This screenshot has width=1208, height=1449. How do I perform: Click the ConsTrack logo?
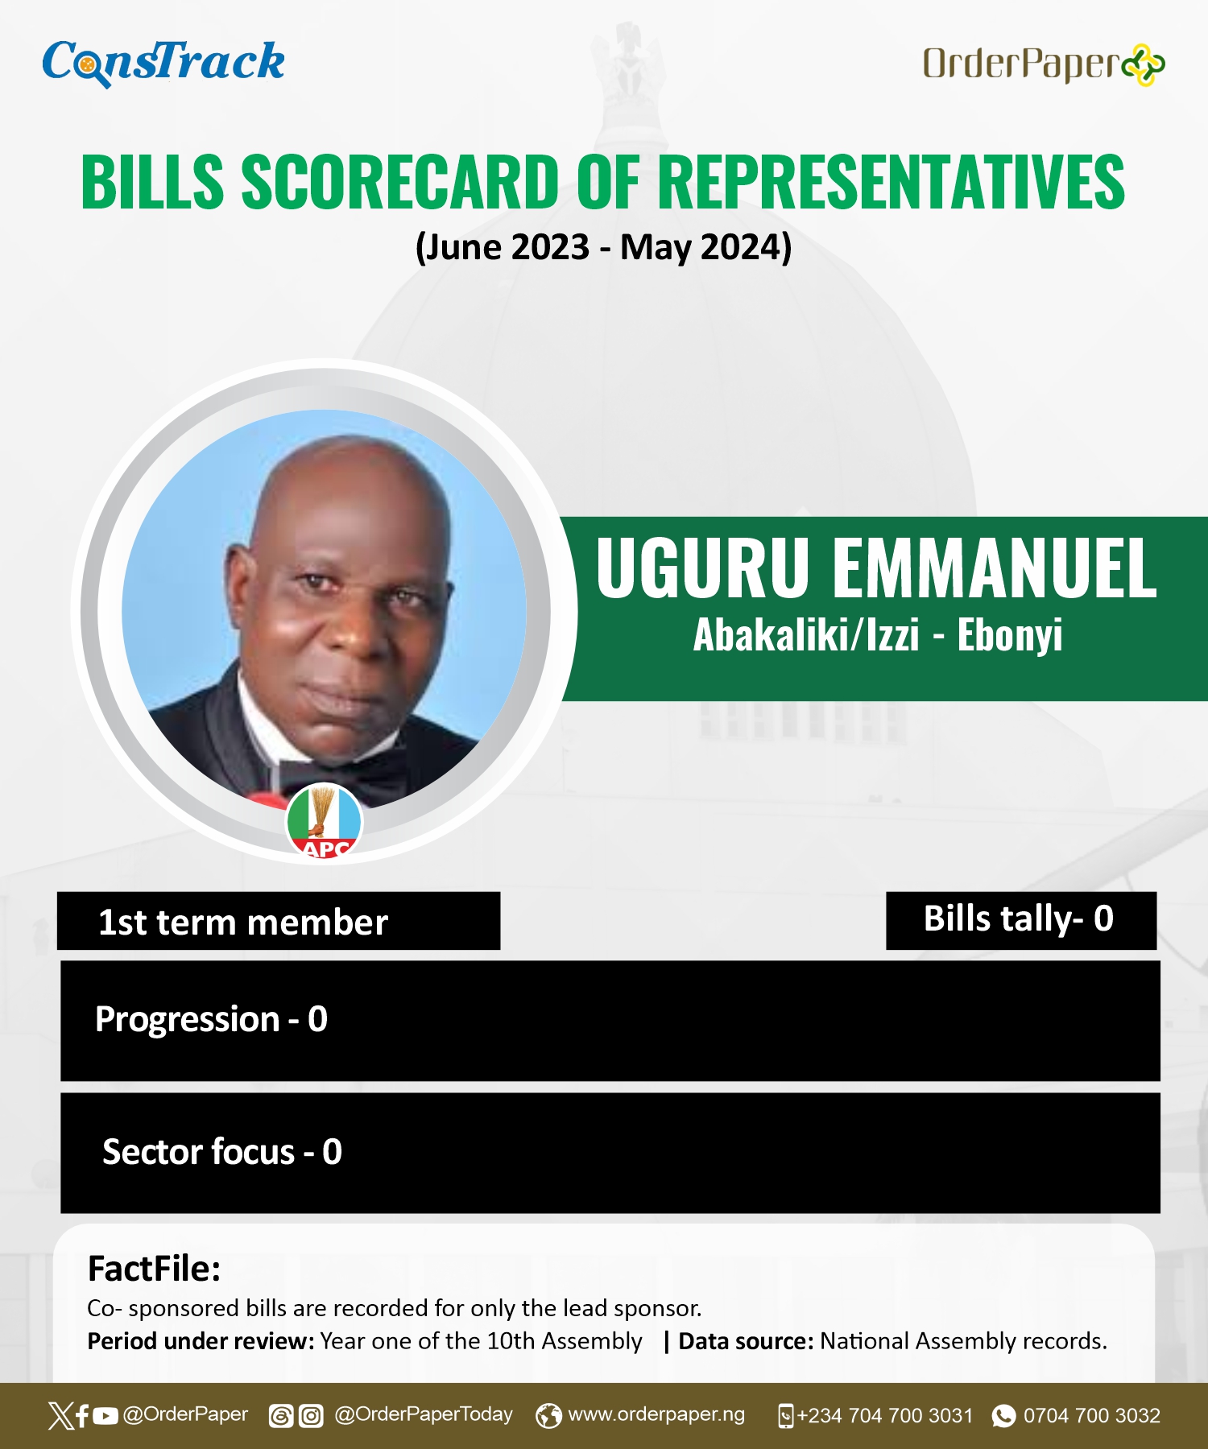pyautogui.click(x=163, y=63)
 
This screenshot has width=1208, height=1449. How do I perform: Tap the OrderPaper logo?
pyautogui.click(x=1044, y=64)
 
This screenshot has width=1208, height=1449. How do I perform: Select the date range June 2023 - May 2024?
pyautogui.click(x=603, y=246)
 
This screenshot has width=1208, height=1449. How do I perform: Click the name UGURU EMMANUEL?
pyautogui.click(x=876, y=568)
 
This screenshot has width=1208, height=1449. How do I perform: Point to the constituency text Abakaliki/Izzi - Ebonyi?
pyautogui.click(x=878, y=635)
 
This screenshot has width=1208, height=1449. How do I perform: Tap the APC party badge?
pyautogui.click(x=325, y=822)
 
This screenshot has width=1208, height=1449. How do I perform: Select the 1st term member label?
pyautogui.click(x=243, y=923)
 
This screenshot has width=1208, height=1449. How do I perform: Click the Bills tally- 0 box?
pyautogui.click(x=1021, y=920)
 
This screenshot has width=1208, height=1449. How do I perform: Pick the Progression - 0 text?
pyautogui.click(x=211, y=1020)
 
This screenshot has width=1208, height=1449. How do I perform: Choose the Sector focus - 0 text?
pyautogui.click(x=222, y=1152)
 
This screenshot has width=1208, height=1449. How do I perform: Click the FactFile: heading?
pyautogui.click(x=154, y=1269)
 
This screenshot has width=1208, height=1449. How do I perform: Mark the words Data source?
pyautogui.click(x=746, y=1341)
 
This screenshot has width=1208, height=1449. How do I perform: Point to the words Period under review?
pyautogui.click(x=201, y=1342)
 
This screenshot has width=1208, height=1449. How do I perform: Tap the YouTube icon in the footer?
pyautogui.click(x=105, y=1416)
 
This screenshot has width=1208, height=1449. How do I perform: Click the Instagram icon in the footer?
pyautogui.click(x=311, y=1416)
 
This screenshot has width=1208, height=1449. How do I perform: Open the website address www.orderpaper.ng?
pyautogui.click(x=656, y=1414)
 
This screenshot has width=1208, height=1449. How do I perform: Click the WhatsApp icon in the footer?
pyautogui.click(x=1003, y=1416)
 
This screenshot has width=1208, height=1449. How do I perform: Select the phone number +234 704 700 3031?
pyautogui.click(x=885, y=1416)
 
